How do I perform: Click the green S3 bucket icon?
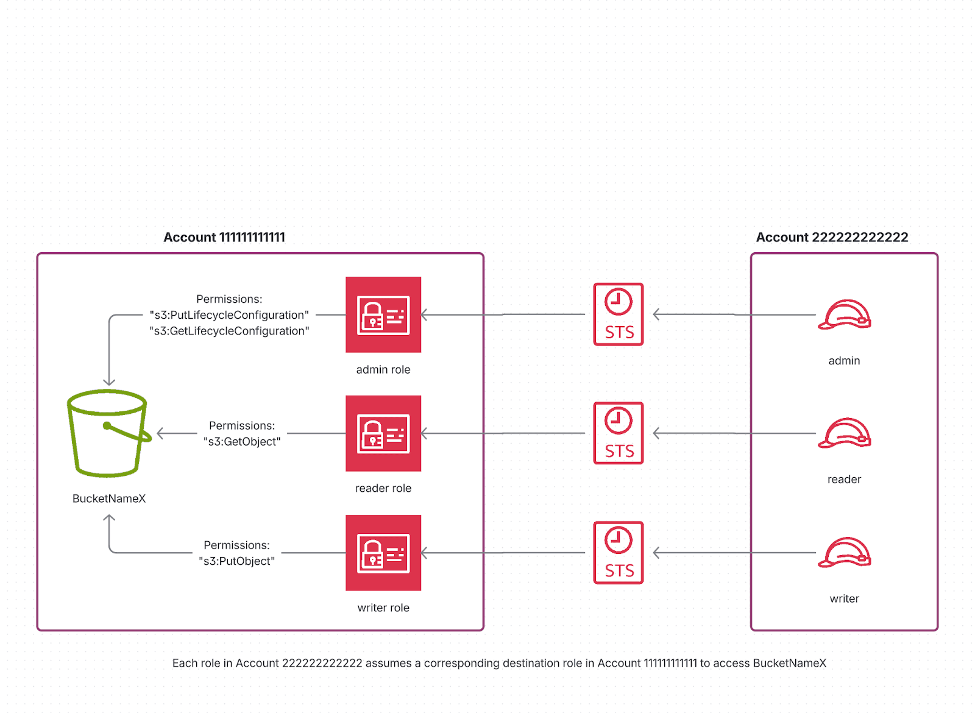click(x=108, y=433)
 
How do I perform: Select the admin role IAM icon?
click(x=383, y=314)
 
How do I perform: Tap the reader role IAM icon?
click(x=383, y=433)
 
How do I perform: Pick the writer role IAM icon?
click(x=383, y=553)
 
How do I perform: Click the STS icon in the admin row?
click(x=619, y=314)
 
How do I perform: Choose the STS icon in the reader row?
click(x=619, y=433)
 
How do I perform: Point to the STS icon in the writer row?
click(x=619, y=553)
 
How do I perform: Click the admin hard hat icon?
click(x=844, y=314)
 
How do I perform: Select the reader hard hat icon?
click(x=844, y=433)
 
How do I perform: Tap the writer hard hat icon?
click(x=844, y=553)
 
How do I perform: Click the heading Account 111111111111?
click(x=224, y=238)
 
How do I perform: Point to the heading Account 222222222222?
click(x=832, y=238)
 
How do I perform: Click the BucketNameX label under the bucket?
click(x=109, y=498)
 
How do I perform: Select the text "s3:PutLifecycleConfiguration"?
click(x=229, y=315)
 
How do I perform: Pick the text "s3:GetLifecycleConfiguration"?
click(x=229, y=331)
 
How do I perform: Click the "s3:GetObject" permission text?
click(x=242, y=442)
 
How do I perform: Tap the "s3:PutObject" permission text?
click(x=236, y=561)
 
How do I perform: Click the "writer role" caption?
click(x=383, y=608)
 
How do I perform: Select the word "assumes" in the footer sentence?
click(x=388, y=663)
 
